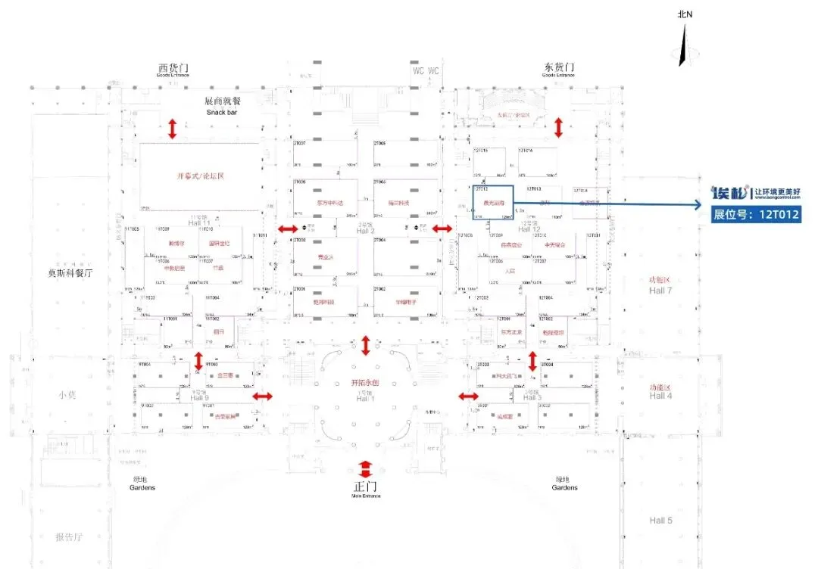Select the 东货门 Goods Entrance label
click(x=559, y=70)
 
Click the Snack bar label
click(x=223, y=107)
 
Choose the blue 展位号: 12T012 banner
click(x=755, y=215)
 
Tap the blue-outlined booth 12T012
click(x=493, y=203)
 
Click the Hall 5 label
click(x=660, y=521)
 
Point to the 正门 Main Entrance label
click(x=366, y=488)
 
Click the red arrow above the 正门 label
click(x=366, y=468)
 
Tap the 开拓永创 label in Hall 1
click(x=366, y=382)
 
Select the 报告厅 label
click(x=69, y=537)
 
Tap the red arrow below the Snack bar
click(x=173, y=129)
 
